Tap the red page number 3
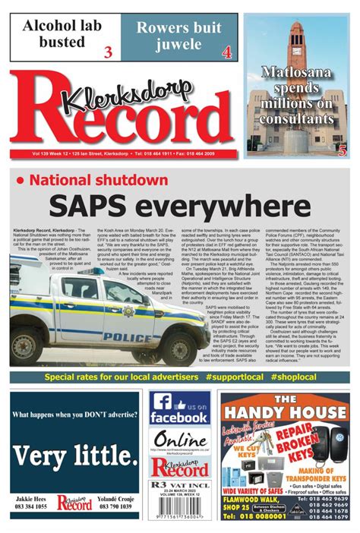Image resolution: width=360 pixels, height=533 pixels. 107,52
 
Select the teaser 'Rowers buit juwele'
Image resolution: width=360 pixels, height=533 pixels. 178,34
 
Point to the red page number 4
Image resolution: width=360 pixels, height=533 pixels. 226,52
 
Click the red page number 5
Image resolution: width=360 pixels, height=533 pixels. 343,150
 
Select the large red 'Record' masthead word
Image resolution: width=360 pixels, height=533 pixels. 122,121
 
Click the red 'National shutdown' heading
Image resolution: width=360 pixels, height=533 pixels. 99,180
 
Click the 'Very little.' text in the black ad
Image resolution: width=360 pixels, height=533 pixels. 74,455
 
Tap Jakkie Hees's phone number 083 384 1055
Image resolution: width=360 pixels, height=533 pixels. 31,506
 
